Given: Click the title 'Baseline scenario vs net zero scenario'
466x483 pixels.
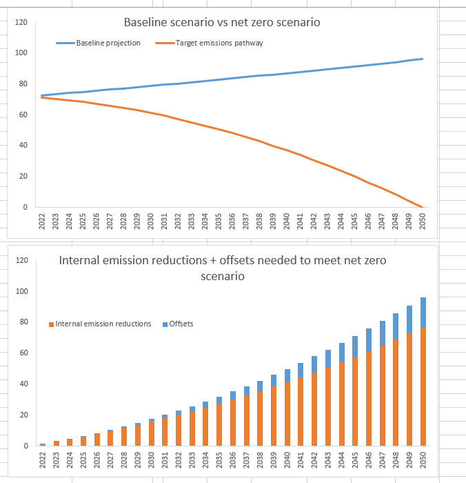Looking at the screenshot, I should click(221, 22).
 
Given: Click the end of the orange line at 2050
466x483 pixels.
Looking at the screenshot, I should click(421, 206).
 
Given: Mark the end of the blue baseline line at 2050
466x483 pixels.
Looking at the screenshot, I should click(421, 59).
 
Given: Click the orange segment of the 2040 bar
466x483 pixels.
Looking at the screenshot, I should click(286, 414).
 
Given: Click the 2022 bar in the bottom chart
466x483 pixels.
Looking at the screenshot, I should click(43, 444).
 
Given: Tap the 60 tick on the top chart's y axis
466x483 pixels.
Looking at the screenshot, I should click(23, 115).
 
